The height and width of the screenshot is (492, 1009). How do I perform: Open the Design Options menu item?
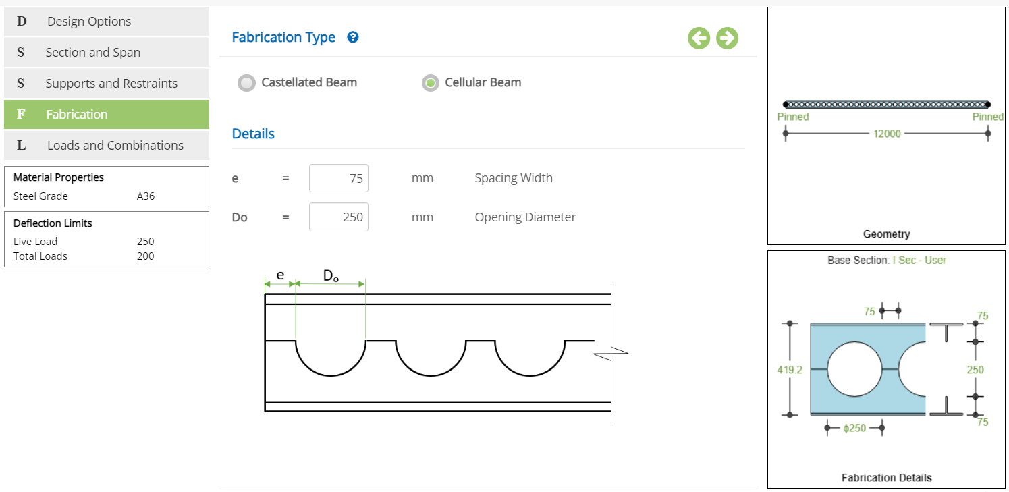click(x=107, y=21)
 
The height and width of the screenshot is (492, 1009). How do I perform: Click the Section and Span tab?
click(x=107, y=52)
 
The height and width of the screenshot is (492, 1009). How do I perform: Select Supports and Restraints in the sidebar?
click(x=107, y=84)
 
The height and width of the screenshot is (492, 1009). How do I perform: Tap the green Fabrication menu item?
click(x=107, y=115)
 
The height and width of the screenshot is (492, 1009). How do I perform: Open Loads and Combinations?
click(x=107, y=146)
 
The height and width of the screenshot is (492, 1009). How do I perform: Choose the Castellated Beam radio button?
click(x=246, y=83)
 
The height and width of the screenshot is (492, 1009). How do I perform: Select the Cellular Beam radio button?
click(x=430, y=83)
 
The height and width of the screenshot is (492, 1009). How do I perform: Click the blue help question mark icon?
click(x=353, y=37)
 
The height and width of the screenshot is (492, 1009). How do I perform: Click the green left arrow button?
click(x=699, y=38)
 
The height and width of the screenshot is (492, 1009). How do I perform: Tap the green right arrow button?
click(x=727, y=38)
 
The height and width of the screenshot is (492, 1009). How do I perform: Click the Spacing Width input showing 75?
click(x=339, y=178)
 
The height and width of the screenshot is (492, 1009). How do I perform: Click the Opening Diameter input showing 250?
click(x=339, y=217)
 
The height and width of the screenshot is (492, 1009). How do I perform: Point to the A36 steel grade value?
click(x=146, y=196)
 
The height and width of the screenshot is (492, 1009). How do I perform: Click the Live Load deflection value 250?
click(x=146, y=242)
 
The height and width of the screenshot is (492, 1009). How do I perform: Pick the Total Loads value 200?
click(x=146, y=256)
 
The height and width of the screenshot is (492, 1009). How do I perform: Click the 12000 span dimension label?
click(x=886, y=134)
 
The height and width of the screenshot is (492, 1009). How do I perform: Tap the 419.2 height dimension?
click(x=790, y=370)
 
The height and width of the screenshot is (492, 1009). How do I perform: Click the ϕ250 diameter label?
click(x=854, y=428)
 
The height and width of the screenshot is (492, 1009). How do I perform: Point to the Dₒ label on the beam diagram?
click(x=331, y=276)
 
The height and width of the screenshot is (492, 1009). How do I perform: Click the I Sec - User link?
click(x=919, y=261)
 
